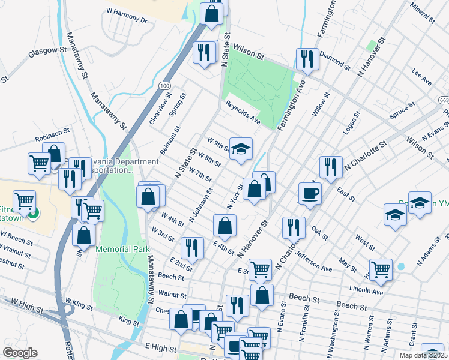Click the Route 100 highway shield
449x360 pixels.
tap(164, 87)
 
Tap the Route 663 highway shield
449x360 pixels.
tap(443, 100)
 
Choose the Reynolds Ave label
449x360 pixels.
tap(243, 112)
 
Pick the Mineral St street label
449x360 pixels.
tap(422, 13)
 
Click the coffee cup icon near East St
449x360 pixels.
tap(310, 193)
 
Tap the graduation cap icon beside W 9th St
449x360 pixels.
tap(241, 149)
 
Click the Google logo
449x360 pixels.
tap(20, 353)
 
